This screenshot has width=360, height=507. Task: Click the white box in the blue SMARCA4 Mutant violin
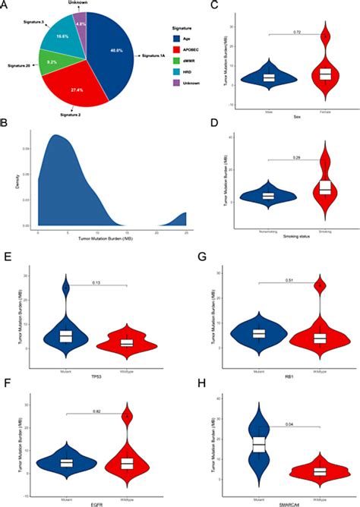tap(261, 445)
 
